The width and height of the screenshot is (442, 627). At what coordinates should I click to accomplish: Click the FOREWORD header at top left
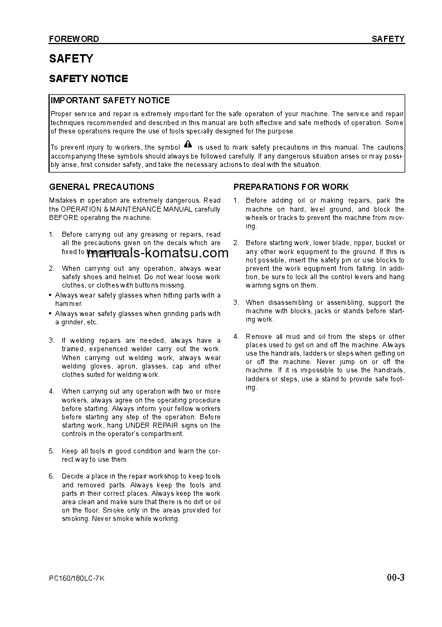[74, 39]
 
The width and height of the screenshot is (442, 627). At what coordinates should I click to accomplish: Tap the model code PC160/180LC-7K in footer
[76, 578]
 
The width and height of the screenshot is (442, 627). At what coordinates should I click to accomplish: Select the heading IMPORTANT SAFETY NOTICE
[110, 100]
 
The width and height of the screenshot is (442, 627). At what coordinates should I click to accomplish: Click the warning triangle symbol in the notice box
[188, 144]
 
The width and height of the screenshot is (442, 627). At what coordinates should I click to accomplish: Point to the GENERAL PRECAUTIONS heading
[101, 187]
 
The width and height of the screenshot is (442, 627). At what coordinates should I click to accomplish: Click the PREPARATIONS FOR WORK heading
[291, 187]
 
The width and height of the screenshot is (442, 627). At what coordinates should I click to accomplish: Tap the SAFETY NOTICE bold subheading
[88, 79]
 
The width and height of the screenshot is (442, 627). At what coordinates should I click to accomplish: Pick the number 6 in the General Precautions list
[51, 476]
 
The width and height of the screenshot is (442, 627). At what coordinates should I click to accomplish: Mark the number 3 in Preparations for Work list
[236, 303]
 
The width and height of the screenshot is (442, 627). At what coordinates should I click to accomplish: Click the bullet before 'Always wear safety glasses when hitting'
[51, 295]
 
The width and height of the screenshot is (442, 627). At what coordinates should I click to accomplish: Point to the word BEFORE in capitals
[64, 218]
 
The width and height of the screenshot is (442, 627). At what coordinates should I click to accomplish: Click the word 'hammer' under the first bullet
[68, 304]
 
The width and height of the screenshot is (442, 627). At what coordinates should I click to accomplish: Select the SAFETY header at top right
[388, 39]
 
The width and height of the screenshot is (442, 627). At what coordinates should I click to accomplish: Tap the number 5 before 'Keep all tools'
[51, 451]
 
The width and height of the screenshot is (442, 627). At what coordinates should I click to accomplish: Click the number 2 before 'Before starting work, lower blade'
[236, 243]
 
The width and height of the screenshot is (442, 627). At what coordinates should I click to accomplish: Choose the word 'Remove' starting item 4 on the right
[259, 337]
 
